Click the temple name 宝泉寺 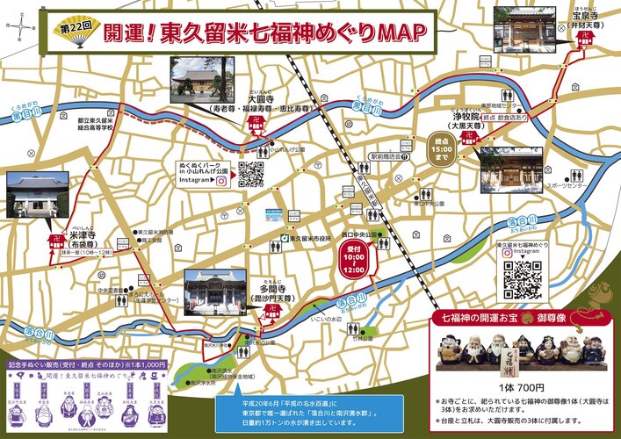coord(587,15)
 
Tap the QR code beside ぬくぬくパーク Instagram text coord(250,175)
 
